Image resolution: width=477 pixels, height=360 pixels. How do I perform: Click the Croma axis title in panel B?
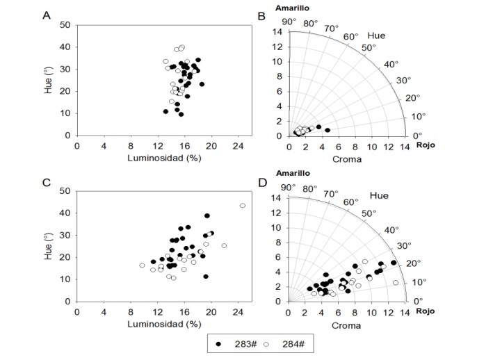[x=345, y=158]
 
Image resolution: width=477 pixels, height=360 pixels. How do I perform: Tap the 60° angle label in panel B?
[x=351, y=36]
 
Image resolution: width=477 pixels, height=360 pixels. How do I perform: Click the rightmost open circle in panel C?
[x=242, y=206]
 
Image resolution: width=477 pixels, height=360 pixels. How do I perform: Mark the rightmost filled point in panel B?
[x=327, y=130]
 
